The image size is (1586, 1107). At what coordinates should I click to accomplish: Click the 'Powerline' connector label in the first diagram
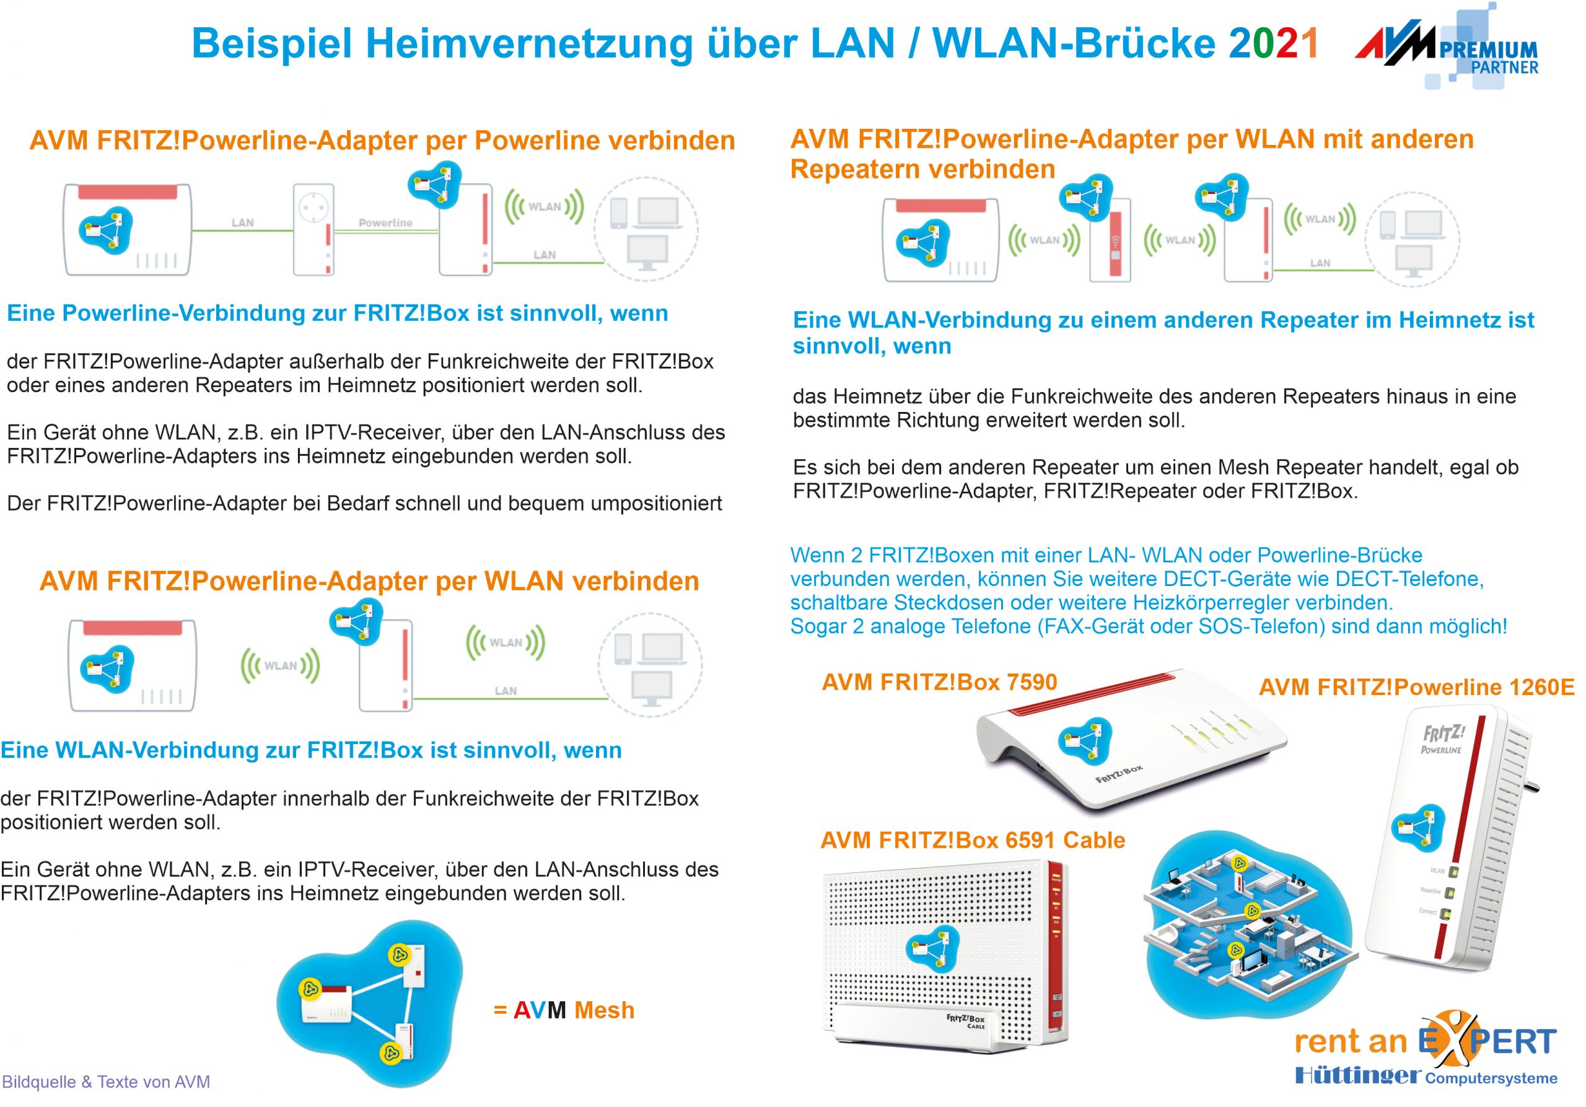coord(385,223)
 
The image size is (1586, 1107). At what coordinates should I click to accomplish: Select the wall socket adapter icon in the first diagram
coord(313,230)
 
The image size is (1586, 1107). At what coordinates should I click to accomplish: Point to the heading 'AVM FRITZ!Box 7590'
coord(939,682)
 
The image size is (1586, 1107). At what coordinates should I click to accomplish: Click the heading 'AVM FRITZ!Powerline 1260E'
coord(1416,687)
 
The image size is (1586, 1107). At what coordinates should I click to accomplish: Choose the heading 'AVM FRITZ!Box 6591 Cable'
coord(973,841)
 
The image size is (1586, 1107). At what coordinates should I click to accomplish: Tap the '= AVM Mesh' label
coord(564,1010)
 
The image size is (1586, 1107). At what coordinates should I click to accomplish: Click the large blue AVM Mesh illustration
coord(370,1001)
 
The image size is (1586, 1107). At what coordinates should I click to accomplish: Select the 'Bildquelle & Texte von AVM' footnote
coord(107,1082)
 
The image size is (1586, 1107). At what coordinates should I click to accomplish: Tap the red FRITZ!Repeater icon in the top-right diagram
coord(1110,242)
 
